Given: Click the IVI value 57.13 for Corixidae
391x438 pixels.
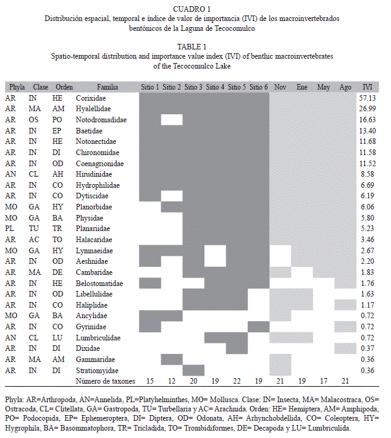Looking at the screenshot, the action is [368, 98].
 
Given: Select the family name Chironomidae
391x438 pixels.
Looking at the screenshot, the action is [98, 153].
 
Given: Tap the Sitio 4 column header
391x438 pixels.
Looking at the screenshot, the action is [215, 87].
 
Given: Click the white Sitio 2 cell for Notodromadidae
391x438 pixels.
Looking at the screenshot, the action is [172, 120].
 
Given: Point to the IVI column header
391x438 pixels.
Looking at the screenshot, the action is [368, 87].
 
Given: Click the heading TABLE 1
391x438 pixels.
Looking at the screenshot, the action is [191, 47].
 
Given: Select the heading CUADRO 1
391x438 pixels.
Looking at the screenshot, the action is [191, 9].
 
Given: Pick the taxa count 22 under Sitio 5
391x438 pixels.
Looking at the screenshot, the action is [237, 381].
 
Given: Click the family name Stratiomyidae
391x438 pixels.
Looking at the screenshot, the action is [97, 371].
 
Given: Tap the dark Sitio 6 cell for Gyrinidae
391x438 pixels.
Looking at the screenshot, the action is [259, 327].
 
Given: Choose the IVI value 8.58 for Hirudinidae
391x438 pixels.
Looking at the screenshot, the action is [368, 174].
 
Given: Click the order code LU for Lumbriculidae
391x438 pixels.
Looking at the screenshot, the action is [57, 338].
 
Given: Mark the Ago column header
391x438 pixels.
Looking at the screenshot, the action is [345, 87].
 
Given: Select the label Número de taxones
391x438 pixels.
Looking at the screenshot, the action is [105, 381].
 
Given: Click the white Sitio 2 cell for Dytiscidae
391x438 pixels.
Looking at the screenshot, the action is [172, 196].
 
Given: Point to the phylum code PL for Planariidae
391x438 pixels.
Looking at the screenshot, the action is [9, 229].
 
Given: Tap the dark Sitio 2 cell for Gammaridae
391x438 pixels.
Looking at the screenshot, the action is [172, 360].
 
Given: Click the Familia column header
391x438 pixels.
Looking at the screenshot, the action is [107, 87].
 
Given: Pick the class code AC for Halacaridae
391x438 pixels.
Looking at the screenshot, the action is [34, 240].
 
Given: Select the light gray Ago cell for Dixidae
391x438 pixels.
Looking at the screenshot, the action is [345, 348].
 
